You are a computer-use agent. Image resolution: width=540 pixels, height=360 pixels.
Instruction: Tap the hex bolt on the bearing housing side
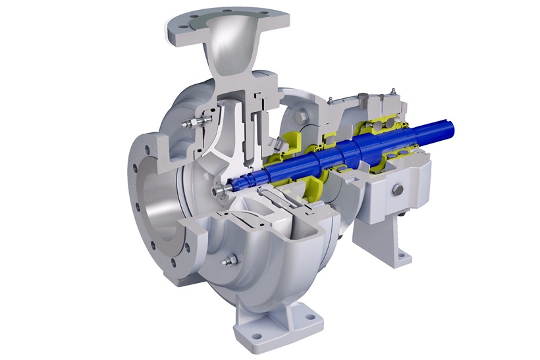(x=398, y=190)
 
